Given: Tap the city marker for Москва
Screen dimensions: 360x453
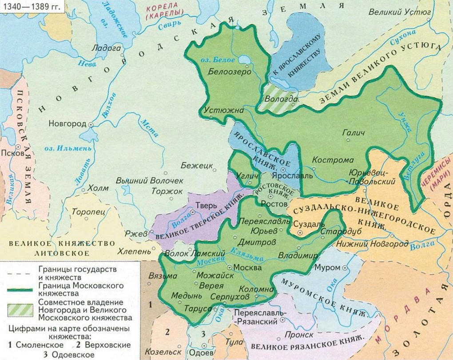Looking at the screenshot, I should [229, 267].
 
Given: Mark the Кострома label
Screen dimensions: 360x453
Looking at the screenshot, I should [333, 160].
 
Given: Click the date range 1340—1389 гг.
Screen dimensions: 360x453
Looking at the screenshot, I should [31, 6].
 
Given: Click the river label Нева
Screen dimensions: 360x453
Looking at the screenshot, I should [84, 63].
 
